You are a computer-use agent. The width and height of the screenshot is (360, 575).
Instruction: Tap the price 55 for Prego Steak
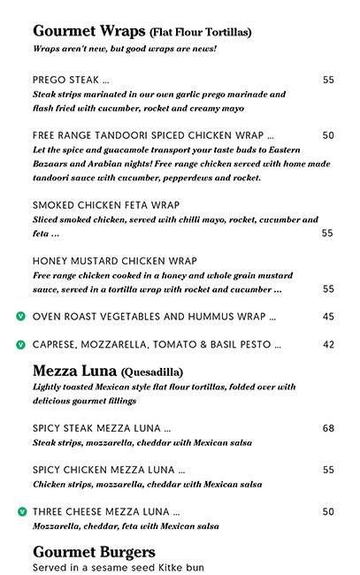click(x=328, y=80)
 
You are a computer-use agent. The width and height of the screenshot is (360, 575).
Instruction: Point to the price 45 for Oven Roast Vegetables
click(x=328, y=316)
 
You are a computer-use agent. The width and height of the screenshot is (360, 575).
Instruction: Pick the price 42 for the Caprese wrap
click(x=328, y=344)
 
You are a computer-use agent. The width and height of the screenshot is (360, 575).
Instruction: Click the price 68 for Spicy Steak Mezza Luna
click(x=328, y=428)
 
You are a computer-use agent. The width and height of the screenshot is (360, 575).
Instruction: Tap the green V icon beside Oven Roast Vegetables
click(x=20, y=316)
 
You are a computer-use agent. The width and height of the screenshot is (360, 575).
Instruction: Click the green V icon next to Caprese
click(x=20, y=344)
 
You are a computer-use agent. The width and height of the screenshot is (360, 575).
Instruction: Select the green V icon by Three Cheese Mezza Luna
click(x=20, y=511)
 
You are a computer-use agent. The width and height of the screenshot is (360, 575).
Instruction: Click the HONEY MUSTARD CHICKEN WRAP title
click(x=114, y=262)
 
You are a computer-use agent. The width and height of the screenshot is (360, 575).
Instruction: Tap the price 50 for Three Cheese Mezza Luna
click(x=328, y=511)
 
